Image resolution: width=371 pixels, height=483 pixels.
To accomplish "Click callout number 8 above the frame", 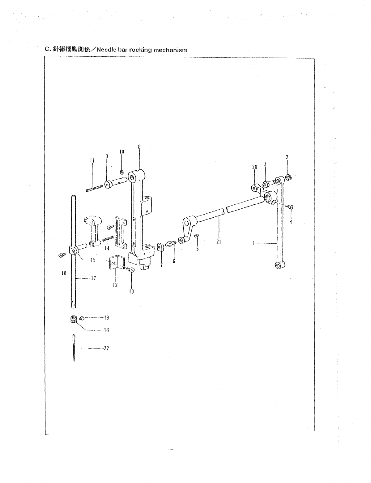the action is tap(139, 147).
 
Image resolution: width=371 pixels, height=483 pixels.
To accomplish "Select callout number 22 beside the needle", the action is tap(107, 348).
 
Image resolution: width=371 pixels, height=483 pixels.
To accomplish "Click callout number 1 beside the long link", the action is tap(254, 243).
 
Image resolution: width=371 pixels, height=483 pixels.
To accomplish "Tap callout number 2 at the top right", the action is tap(287, 157).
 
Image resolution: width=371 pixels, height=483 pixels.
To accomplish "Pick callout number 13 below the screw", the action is tap(132, 291).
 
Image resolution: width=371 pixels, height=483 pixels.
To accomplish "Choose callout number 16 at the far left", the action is tap(64, 273).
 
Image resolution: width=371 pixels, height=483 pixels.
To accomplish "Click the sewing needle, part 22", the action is tap(74, 348).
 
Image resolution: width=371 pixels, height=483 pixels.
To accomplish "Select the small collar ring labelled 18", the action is tap(73, 319).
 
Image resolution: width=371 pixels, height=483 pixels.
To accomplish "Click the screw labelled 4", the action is tap(290, 207).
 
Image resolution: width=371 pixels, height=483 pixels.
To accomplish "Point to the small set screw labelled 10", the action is tap(122, 172).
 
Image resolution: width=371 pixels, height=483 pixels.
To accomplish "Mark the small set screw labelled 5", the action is tap(197, 237).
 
